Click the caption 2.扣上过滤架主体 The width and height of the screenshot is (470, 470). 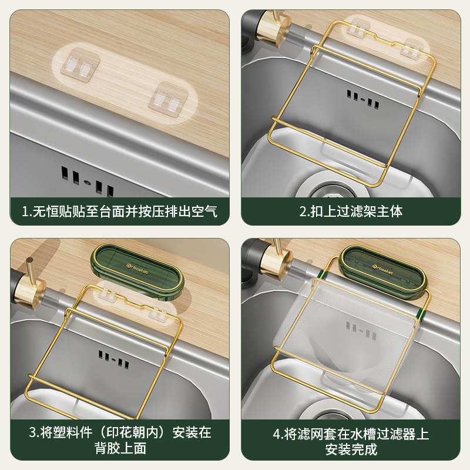[x=351, y=211]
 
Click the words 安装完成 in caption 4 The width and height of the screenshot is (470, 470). [x=351, y=449]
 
